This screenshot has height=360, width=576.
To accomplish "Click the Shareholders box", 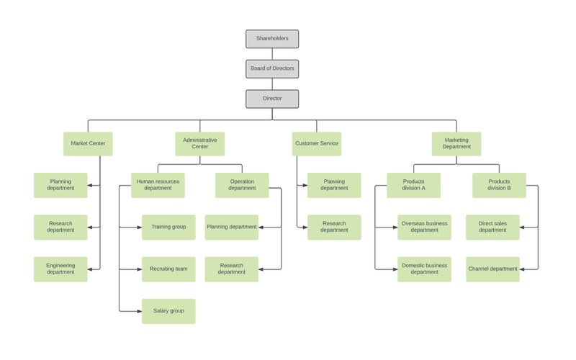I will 271,39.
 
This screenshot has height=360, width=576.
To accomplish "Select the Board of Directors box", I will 271,68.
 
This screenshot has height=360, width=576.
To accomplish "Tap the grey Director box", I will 271,99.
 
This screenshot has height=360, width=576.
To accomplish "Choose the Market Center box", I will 88,143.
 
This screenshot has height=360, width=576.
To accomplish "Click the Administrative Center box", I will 199,143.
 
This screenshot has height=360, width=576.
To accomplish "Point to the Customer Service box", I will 316,143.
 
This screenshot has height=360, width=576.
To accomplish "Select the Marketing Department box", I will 456,143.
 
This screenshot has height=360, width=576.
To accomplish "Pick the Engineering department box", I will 60,269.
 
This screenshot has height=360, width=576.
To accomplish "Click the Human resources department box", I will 158,185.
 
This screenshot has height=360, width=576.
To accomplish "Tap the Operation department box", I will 242,185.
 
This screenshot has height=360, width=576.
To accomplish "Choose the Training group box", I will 168,227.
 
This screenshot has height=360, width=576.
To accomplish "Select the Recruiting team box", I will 168,269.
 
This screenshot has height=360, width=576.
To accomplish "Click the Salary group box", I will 168,311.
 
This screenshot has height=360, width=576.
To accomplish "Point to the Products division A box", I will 413,185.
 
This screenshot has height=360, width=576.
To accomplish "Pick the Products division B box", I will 499,185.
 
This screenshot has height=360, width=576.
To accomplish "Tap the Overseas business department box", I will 424,227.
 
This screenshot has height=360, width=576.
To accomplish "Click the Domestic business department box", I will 424,269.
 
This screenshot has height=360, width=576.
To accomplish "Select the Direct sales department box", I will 492,227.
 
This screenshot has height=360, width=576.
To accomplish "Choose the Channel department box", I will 492,269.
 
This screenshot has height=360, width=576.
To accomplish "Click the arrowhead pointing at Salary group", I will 138,311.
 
